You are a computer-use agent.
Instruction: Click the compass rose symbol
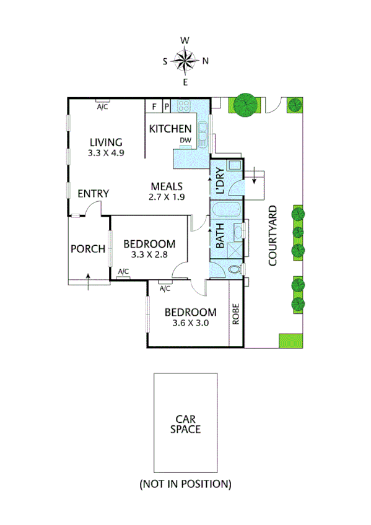tap(185, 60)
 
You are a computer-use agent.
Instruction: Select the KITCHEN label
tap(170, 129)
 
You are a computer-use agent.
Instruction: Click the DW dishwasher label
tap(185, 141)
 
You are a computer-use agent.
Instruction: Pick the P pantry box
tap(167, 106)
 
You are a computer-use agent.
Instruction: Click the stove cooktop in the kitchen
tap(183, 106)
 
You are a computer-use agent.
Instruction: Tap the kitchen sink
tap(203, 129)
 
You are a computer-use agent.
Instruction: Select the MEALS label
tap(167, 186)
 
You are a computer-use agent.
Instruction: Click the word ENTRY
tap(93, 194)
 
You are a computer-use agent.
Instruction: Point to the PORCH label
tap(87, 249)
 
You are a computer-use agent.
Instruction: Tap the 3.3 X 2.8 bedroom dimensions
tap(149, 254)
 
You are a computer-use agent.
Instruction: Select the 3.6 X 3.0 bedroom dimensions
tap(190, 323)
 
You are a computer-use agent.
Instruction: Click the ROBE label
tap(235, 314)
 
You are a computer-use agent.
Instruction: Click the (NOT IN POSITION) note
tap(185, 484)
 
